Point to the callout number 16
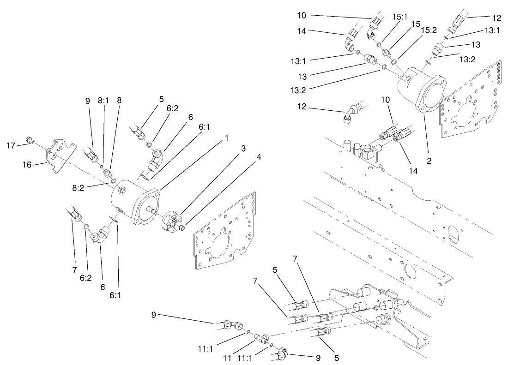27,163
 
